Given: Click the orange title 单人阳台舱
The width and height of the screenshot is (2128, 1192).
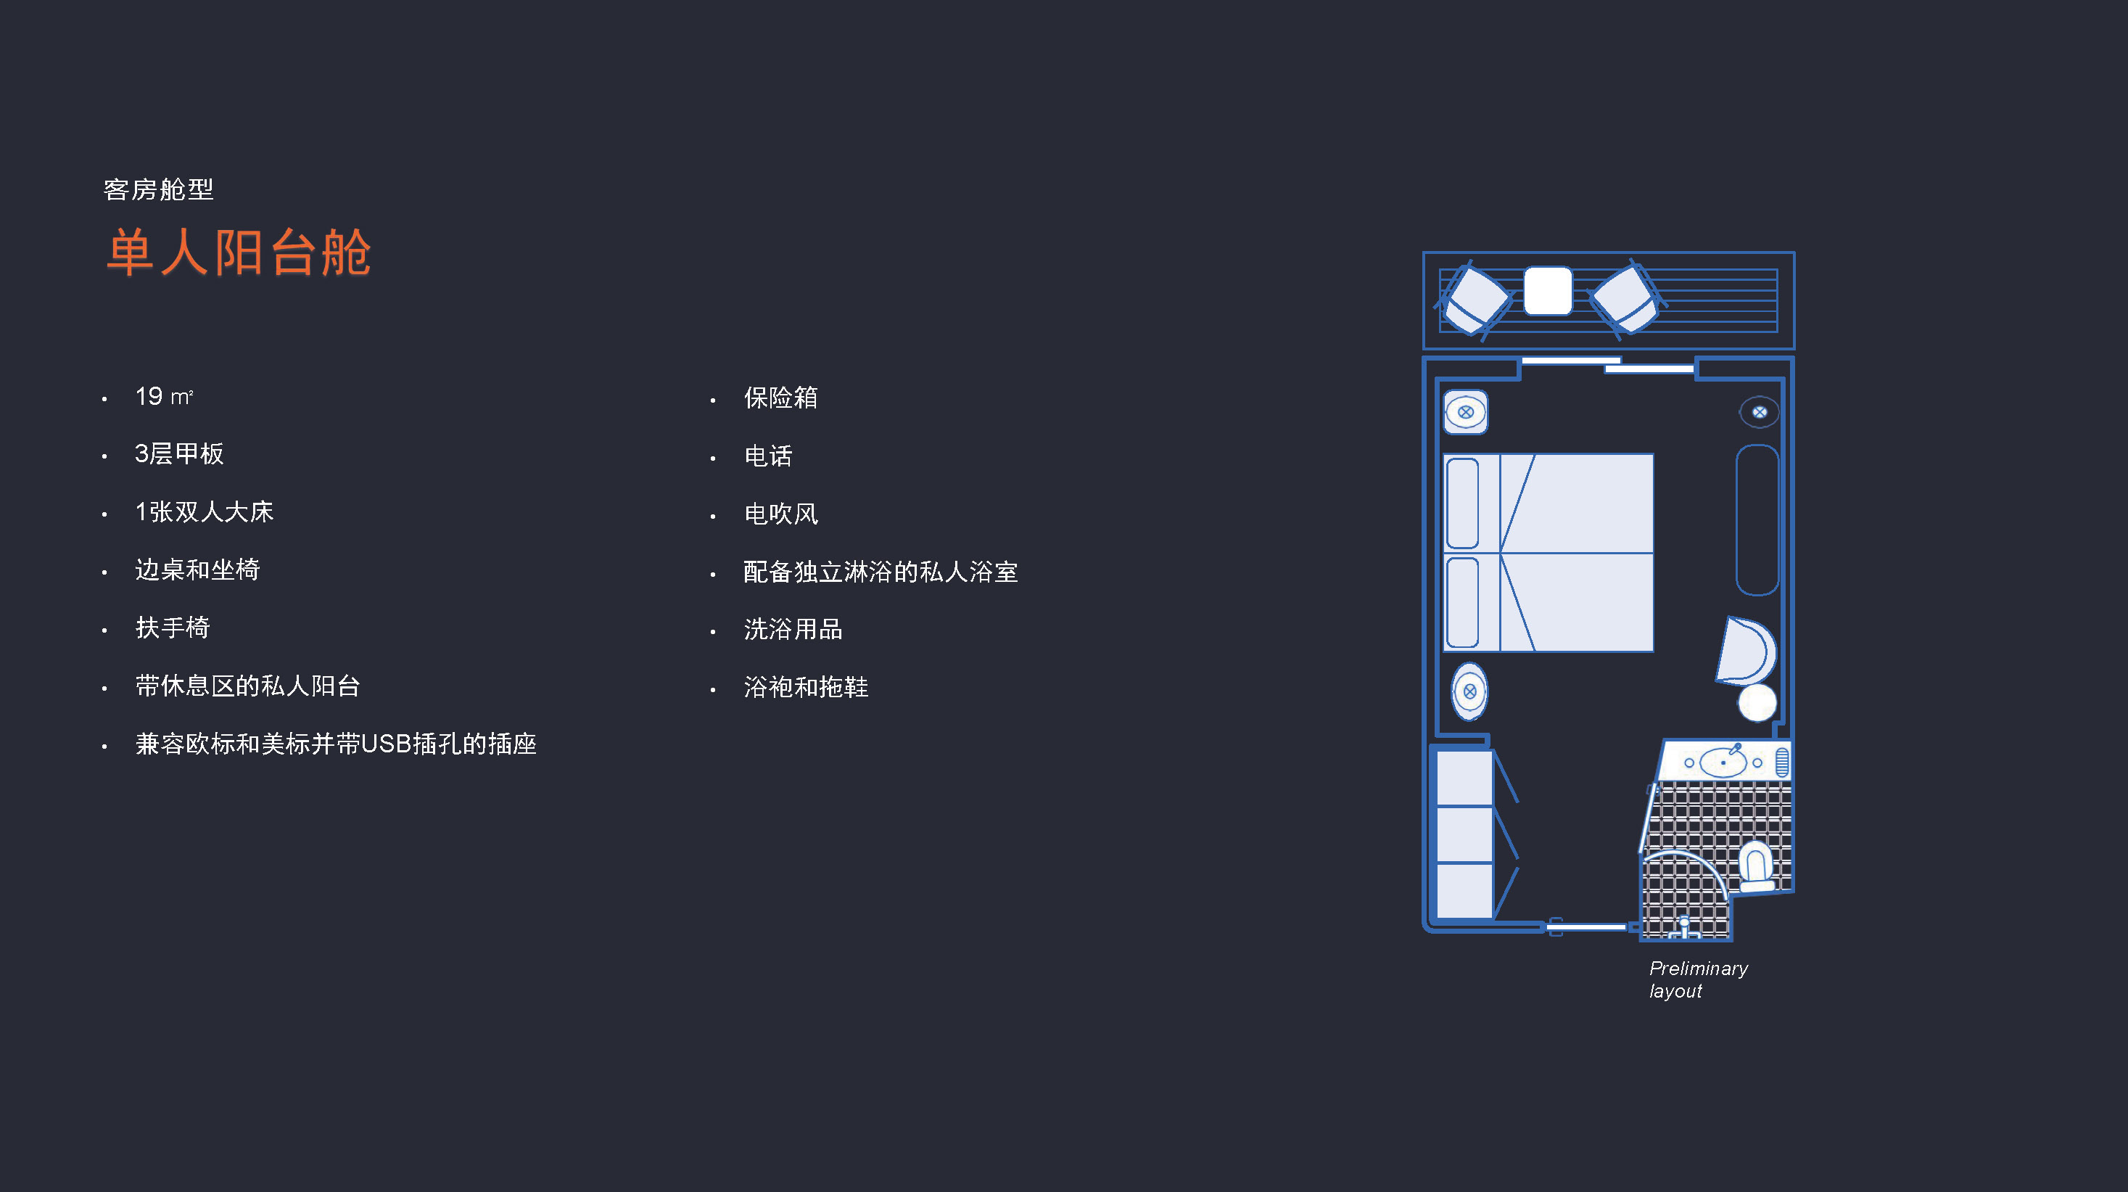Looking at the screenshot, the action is pyautogui.click(x=239, y=252).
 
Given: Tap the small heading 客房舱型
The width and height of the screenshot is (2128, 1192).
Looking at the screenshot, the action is pyautogui.click(x=159, y=190).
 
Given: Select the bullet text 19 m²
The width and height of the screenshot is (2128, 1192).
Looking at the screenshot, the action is pyautogui.click(x=165, y=397).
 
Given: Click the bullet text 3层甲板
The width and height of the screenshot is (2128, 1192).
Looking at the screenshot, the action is pyautogui.click(x=179, y=453).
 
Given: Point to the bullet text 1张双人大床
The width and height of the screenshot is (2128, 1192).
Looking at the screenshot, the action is pyautogui.click(x=204, y=511).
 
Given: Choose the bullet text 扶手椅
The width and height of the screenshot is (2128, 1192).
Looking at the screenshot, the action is pyautogui.click(x=173, y=628).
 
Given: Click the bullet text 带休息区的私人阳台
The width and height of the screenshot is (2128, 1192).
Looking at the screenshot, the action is pyautogui.click(x=248, y=686).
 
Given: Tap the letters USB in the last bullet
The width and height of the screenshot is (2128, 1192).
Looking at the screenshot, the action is pyautogui.click(x=387, y=744).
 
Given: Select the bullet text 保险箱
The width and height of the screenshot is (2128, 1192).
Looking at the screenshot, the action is pyautogui.click(x=780, y=398).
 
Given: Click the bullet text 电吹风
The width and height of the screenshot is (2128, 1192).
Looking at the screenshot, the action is pyautogui.click(x=780, y=514).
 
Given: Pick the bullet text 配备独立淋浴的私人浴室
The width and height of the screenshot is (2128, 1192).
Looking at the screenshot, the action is pyautogui.click(x=881, y=572).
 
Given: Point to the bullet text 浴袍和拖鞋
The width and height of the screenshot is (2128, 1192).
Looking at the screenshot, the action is pyautogui.click(x=807, y=687).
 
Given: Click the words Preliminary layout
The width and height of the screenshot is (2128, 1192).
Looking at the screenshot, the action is pyautogui.click(x=1699, y=979).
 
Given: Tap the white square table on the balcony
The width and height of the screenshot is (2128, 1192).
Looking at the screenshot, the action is pyautogui.click(x=1547, y=291).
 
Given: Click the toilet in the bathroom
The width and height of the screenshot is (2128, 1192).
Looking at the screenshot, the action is pyautogui.click(x=1756, y=866).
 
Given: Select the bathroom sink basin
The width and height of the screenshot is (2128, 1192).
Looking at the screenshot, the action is pyautogui.click(x=1723, y=763).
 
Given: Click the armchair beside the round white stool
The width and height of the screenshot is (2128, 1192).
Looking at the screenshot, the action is pyautogui.click(x=1746, y=651).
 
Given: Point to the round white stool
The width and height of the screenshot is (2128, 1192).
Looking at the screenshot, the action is pyautogui.click(x=1757, y=703).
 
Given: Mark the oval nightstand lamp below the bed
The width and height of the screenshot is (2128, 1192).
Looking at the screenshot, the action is pyautogui.click(x=1469, y=691).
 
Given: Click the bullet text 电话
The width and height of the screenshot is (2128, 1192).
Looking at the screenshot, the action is pyautogui.click(x=768, y=456).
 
